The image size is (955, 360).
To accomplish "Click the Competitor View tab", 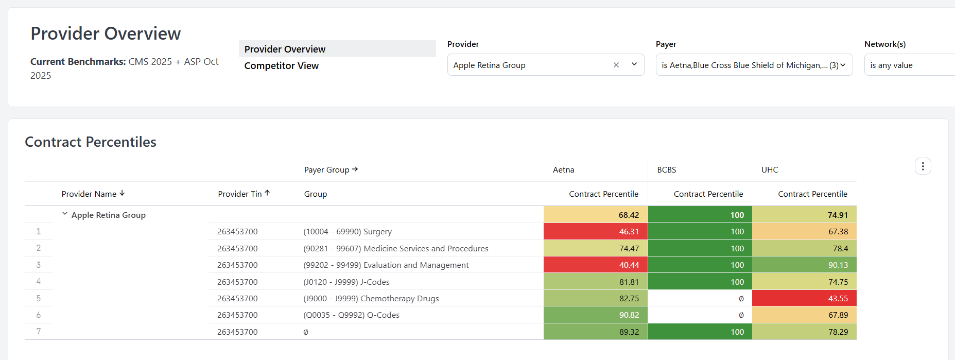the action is [x=281, y=66].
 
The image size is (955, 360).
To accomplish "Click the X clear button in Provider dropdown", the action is [x=616, y=65].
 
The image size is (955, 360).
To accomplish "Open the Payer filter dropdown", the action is [x=754, y=65].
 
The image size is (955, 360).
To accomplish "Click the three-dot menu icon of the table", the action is [x=923, y=166].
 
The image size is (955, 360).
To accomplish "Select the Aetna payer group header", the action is [x=563, y=170].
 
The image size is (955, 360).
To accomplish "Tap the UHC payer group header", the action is [x=770, y=170].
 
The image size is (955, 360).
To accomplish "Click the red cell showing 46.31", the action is [x=596, y=232].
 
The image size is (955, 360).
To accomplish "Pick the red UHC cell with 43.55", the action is [x=804, y=298].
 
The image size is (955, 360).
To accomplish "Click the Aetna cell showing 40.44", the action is [x=596, y=265].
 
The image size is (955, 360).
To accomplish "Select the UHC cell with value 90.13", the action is [x=804, y=265].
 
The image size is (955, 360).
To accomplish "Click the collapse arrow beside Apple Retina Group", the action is [x=65, y=214].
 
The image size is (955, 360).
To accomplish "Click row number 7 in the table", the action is [x=39, y=332].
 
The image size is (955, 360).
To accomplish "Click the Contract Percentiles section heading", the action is [x=91, y=142].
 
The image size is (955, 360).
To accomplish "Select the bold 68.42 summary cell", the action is [x=596, y=215].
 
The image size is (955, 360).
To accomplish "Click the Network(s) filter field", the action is [x=909, y=65].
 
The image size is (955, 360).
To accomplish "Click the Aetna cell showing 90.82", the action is [x=596, y=315].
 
